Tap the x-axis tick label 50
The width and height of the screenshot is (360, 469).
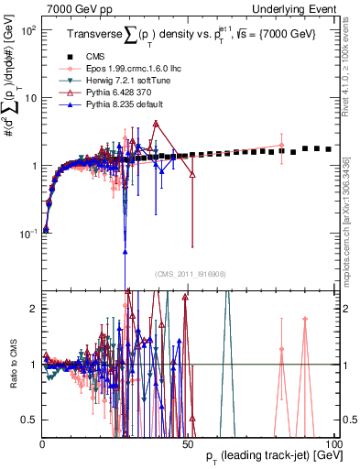tap(187, 444)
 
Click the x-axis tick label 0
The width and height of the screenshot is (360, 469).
tap(43, 444)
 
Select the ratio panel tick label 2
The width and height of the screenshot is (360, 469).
tap(33, 309)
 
